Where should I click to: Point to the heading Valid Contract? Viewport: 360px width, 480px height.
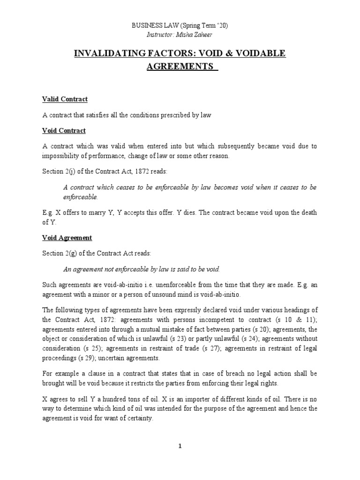[x=65, y=99]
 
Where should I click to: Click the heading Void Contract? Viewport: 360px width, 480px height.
[x=64, y=130]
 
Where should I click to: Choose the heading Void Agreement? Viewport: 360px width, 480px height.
[x=67, y=238]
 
